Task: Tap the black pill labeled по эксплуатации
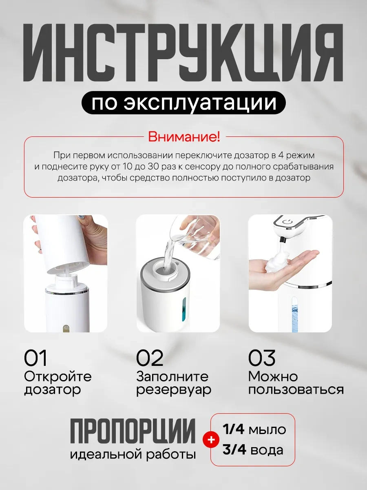(x=183, y=102)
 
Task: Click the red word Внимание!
(x=183, y=137)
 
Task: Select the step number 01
(x=35, y=358)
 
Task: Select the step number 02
(x=150, y=358)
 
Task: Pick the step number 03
(x=262, y=358)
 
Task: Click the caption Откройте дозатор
(x=57, y=383)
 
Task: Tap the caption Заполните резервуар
(x=173, y=383)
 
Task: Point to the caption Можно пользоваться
(x=296, y=383)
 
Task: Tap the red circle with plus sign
(x=211, y=440)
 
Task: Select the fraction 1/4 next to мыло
(x=233, y=430)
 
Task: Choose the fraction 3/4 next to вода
(x=233, y=450)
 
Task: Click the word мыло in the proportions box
(x=268, y=430)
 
